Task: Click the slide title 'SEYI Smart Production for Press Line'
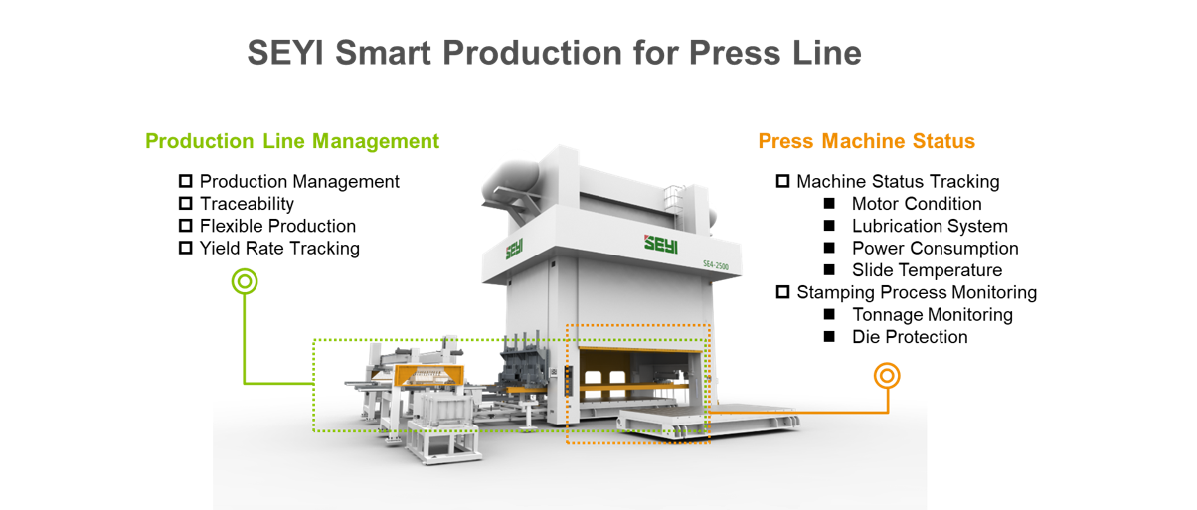click(554, 52)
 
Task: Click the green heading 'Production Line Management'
click(292, 141)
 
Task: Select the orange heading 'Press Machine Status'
click(866, 141)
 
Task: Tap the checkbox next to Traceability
click(185, 204)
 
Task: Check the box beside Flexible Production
click(185, 226)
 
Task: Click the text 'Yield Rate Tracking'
click(279, 249)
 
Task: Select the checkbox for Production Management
click(185, 182)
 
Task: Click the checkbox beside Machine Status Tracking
click(782, 182)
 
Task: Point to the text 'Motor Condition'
click(917, 204)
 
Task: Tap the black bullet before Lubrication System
click(829, 227)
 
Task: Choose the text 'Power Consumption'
click(935, 249)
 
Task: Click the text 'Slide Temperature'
click(927, 270)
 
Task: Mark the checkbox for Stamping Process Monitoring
click(782, 292)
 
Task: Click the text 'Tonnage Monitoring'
click(932, 315)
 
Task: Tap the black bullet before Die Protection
click(829, 338)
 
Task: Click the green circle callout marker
click(244, 281)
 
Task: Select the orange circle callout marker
click(887, 375)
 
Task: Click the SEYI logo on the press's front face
click(660, 242)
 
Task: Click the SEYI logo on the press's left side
click(514, 248)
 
